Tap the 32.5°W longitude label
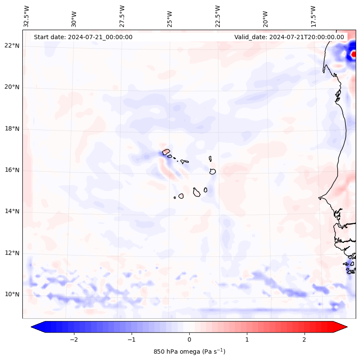[x=27, y=16]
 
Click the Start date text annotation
[x=83, y=37]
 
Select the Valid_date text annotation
[x=289, y=37]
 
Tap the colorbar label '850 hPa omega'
[x=189, y=352]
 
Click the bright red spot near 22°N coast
[x=354, y=54]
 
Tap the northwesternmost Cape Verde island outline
[x=166, y=151]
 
